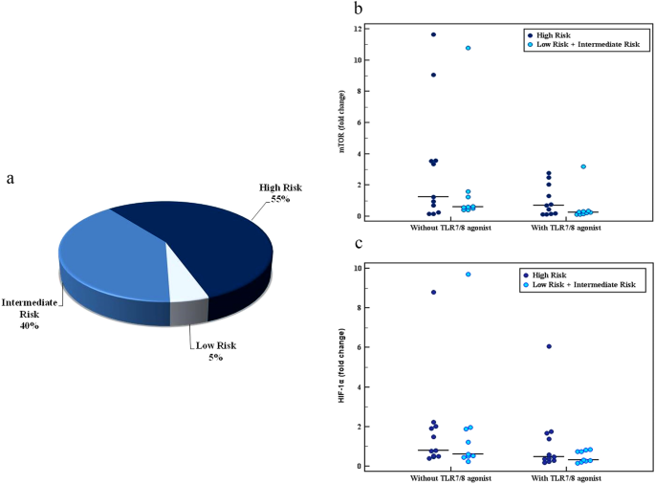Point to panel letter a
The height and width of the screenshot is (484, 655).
(10, 179)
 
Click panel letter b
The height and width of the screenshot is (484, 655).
(358, 9)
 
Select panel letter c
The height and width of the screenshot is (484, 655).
(358, 243)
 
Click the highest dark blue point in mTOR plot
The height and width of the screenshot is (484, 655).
(433, 34)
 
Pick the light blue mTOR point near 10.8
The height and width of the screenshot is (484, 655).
(468, 48)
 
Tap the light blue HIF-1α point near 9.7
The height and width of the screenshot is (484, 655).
(468, 275)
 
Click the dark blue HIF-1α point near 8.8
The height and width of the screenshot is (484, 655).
(433, 292)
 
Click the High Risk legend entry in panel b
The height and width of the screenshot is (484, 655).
(555, 33)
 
